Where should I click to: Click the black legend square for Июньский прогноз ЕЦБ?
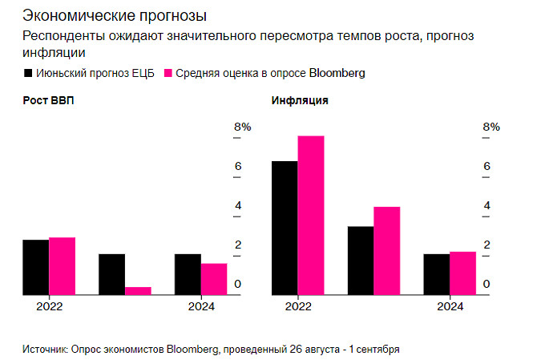28,73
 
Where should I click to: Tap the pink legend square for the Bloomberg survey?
168,73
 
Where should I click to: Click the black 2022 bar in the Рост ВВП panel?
35,268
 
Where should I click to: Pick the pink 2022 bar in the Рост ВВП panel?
62,266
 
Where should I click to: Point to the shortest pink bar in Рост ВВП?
138,291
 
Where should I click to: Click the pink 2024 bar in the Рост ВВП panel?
214,279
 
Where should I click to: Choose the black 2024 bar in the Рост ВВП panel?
188,274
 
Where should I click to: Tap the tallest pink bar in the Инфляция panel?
311,216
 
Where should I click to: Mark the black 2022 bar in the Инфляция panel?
285,229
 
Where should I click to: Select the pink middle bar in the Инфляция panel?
386,251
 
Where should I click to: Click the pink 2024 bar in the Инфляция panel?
462,273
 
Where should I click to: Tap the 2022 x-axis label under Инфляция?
298,306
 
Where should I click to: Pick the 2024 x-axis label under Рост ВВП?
201,306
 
